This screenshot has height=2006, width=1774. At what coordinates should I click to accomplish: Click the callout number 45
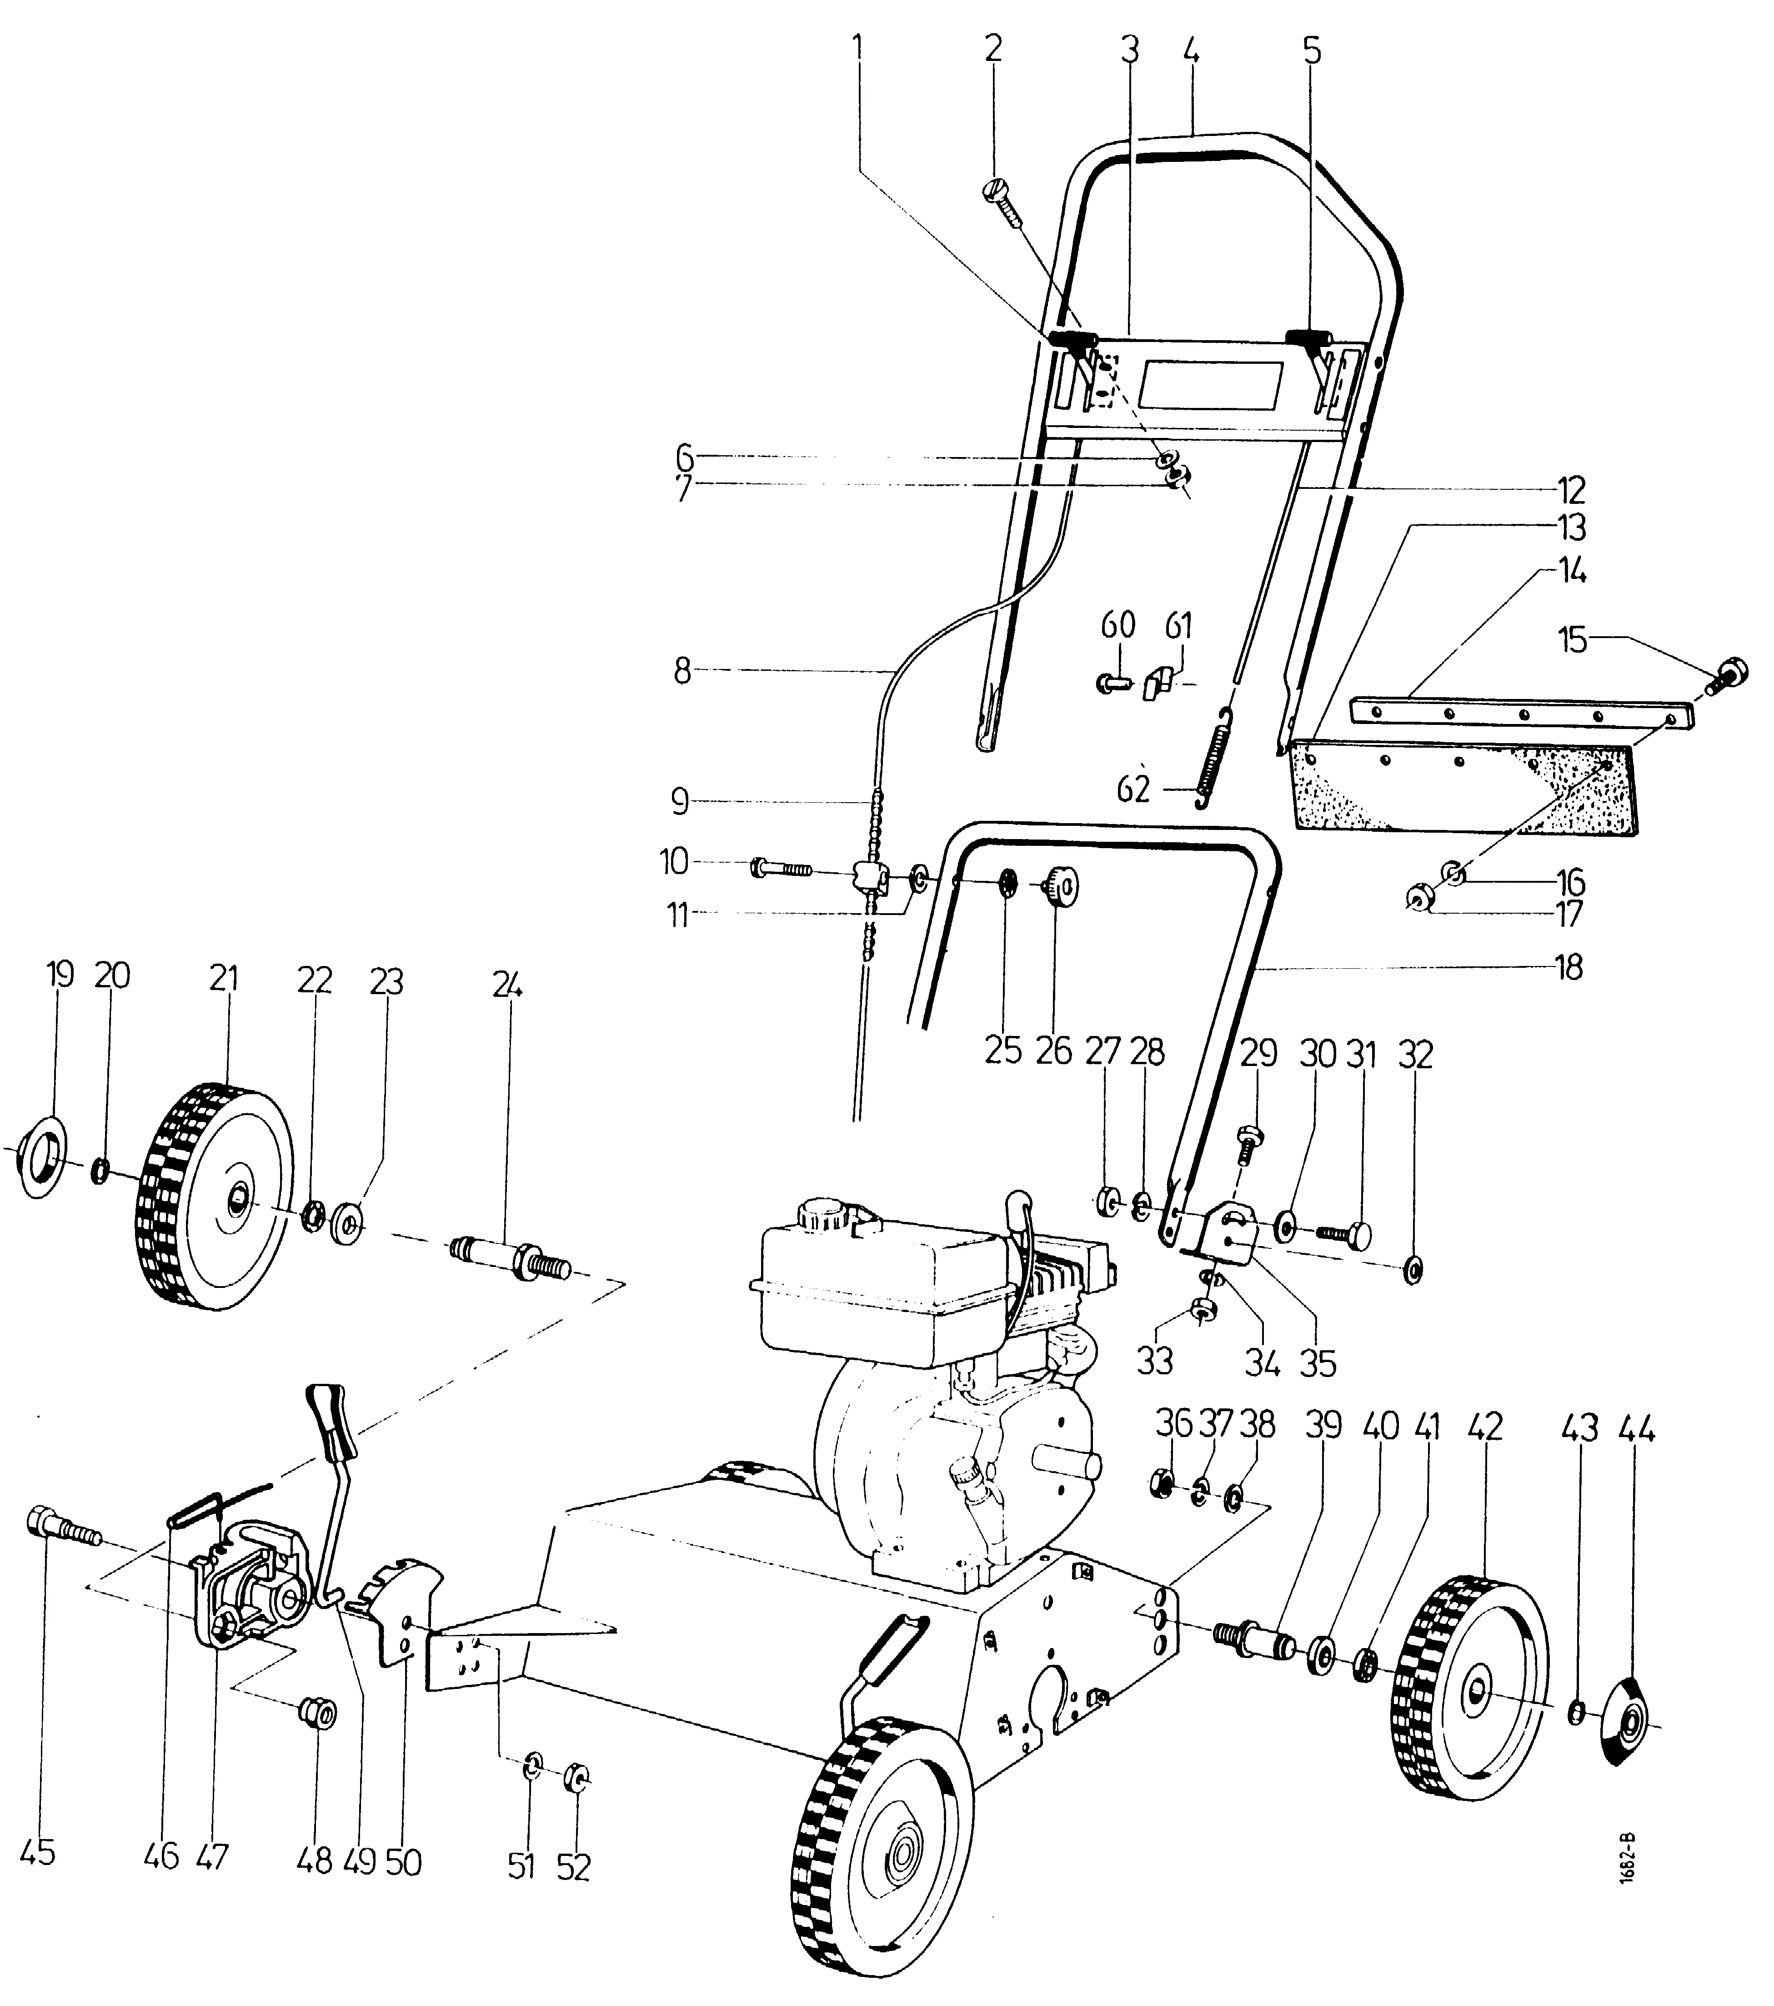pos(37,1853)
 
